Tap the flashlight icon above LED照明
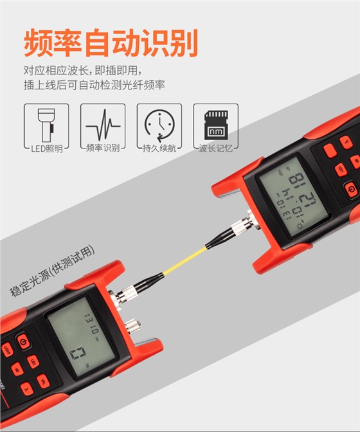[x=46, y=123]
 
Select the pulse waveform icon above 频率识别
[x=103, y=123]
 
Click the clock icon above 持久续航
[x=159, y=123]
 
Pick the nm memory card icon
[x=215, y=123]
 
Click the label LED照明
[x=46, y=148]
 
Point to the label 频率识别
[x=103, y=148]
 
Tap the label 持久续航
[x=159, y=148]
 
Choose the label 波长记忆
[x=215, y=148]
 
